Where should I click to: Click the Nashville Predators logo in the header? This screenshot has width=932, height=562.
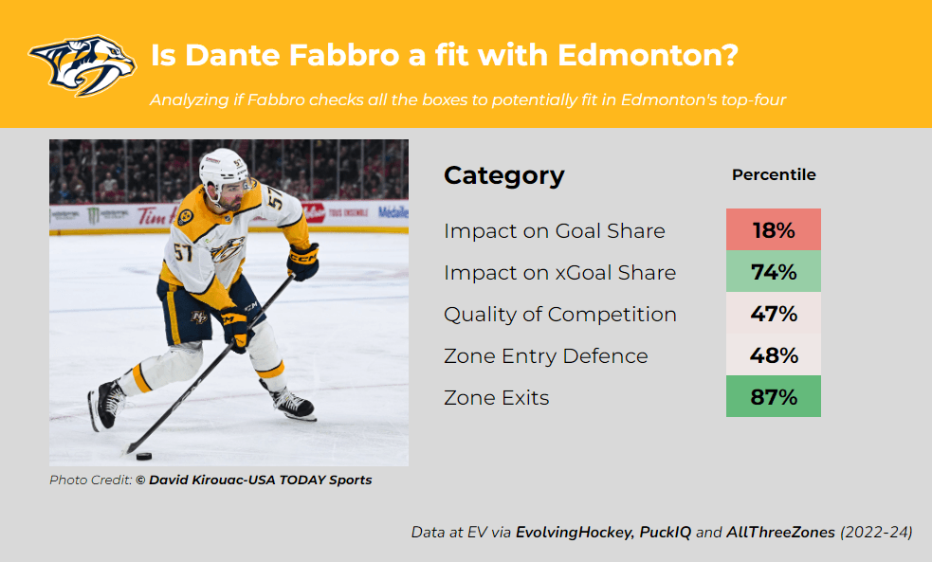pyautogui.click(x=82, y=64)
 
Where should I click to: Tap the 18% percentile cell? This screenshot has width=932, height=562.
pyautogui.click(x=774, y=229)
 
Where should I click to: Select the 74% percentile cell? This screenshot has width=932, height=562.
pyautogui.click(x=774, y=271)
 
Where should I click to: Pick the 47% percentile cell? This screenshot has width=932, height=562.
pyautogui.click(x=774, y=313)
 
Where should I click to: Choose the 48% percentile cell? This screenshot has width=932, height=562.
pyautogui.click(x=774, y=354)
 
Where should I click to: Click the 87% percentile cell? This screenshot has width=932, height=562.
pyautogui.click(x=774, y=395)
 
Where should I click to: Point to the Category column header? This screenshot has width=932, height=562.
pyautogui.click(x=504, y=176)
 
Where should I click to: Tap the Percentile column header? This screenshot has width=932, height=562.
pyautogui.click(x=774, y=174)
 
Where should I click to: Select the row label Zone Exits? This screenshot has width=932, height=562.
pyautogui.click(x=496, y=397)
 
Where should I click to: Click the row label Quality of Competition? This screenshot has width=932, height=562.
pyautogui.click(x=560, y=315)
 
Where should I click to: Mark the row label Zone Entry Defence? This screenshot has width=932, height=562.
pyautogui.click(x=546, y=355)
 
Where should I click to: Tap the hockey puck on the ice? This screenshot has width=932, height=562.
pyautogui.click(x=144, y=456)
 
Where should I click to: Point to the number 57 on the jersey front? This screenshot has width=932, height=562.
pyautogui.click(x=183, y=252)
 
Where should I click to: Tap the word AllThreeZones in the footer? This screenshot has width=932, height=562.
pyautogui.click(x=780, y=533)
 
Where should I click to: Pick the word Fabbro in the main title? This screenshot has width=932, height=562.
pyautogui.click(x=344, y=55)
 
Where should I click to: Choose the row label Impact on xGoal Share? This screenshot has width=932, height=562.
pyautogui.click(x=560, y=273)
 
